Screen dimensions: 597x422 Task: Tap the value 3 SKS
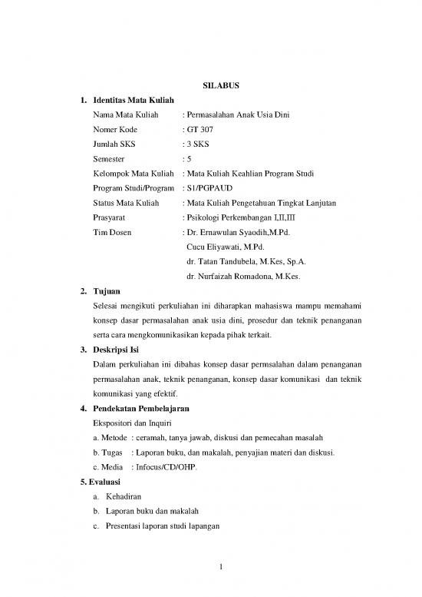click(192, 144)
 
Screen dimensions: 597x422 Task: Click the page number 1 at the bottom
click(219, 568)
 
